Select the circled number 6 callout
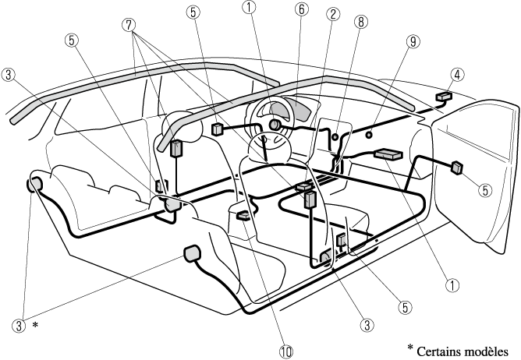[301, 12]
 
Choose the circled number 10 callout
[287, 351]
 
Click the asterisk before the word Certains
[410, 347]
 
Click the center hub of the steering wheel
[275, 125]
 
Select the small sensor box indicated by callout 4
[445, 96]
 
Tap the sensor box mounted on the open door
[457, 166]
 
